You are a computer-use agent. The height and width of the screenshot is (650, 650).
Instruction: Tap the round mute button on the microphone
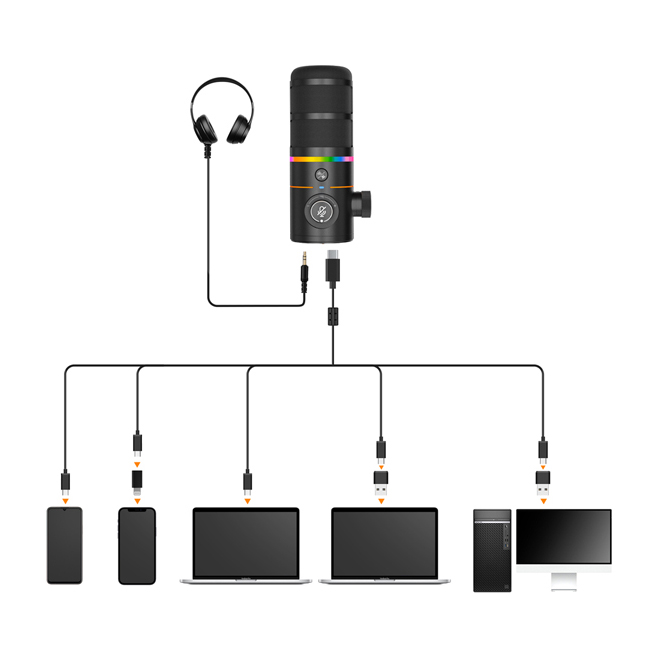coord(322,212)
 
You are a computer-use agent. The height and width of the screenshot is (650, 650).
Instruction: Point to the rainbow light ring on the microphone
coord(322,157)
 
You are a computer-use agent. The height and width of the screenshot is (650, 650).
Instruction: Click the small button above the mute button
coord(322,176)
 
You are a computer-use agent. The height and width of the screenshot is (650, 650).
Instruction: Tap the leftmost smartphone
coord(65,545)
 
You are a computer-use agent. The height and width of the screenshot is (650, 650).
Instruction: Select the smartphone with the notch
coord(137,545)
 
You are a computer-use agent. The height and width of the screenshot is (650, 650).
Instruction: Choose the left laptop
coord(246,546)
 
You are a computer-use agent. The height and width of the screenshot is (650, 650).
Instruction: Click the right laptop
coord(384,546)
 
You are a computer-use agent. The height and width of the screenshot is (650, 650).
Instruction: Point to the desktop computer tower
coord(492,550)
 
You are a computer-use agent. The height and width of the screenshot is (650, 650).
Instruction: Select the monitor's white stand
coord(564,579)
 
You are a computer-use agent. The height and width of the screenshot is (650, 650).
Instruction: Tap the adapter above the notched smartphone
coord(138,481)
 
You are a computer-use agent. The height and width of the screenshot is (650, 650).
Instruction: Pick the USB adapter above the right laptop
coord(380,483)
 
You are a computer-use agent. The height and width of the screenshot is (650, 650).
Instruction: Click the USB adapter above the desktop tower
coord(542,483)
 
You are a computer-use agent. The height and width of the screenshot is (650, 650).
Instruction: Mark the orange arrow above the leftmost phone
coord(65,498)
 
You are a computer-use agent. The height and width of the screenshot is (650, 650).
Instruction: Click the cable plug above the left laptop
coord(247,481)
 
